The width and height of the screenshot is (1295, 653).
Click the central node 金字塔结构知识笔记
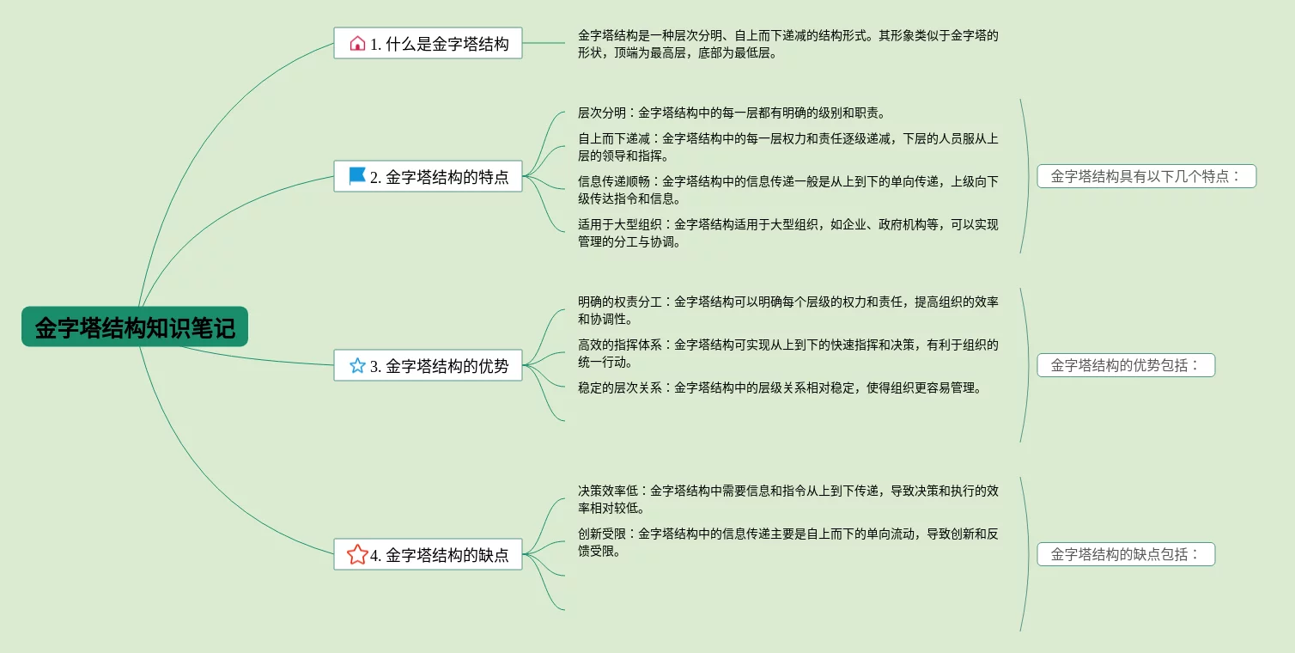(x=135, y=327)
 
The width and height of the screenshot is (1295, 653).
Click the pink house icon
(x=357, y=43)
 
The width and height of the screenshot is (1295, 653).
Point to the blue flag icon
(x=357, y=176)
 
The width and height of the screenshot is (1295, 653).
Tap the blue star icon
(x=357, y=365)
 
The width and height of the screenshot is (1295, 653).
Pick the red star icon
(x=357, y=554)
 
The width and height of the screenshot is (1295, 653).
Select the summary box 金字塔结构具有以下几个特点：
(x=1146, y=176)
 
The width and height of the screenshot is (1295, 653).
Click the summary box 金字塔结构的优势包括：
(x=1126, y=365)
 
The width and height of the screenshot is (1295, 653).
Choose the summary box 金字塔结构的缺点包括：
(x=1126, y=554)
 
